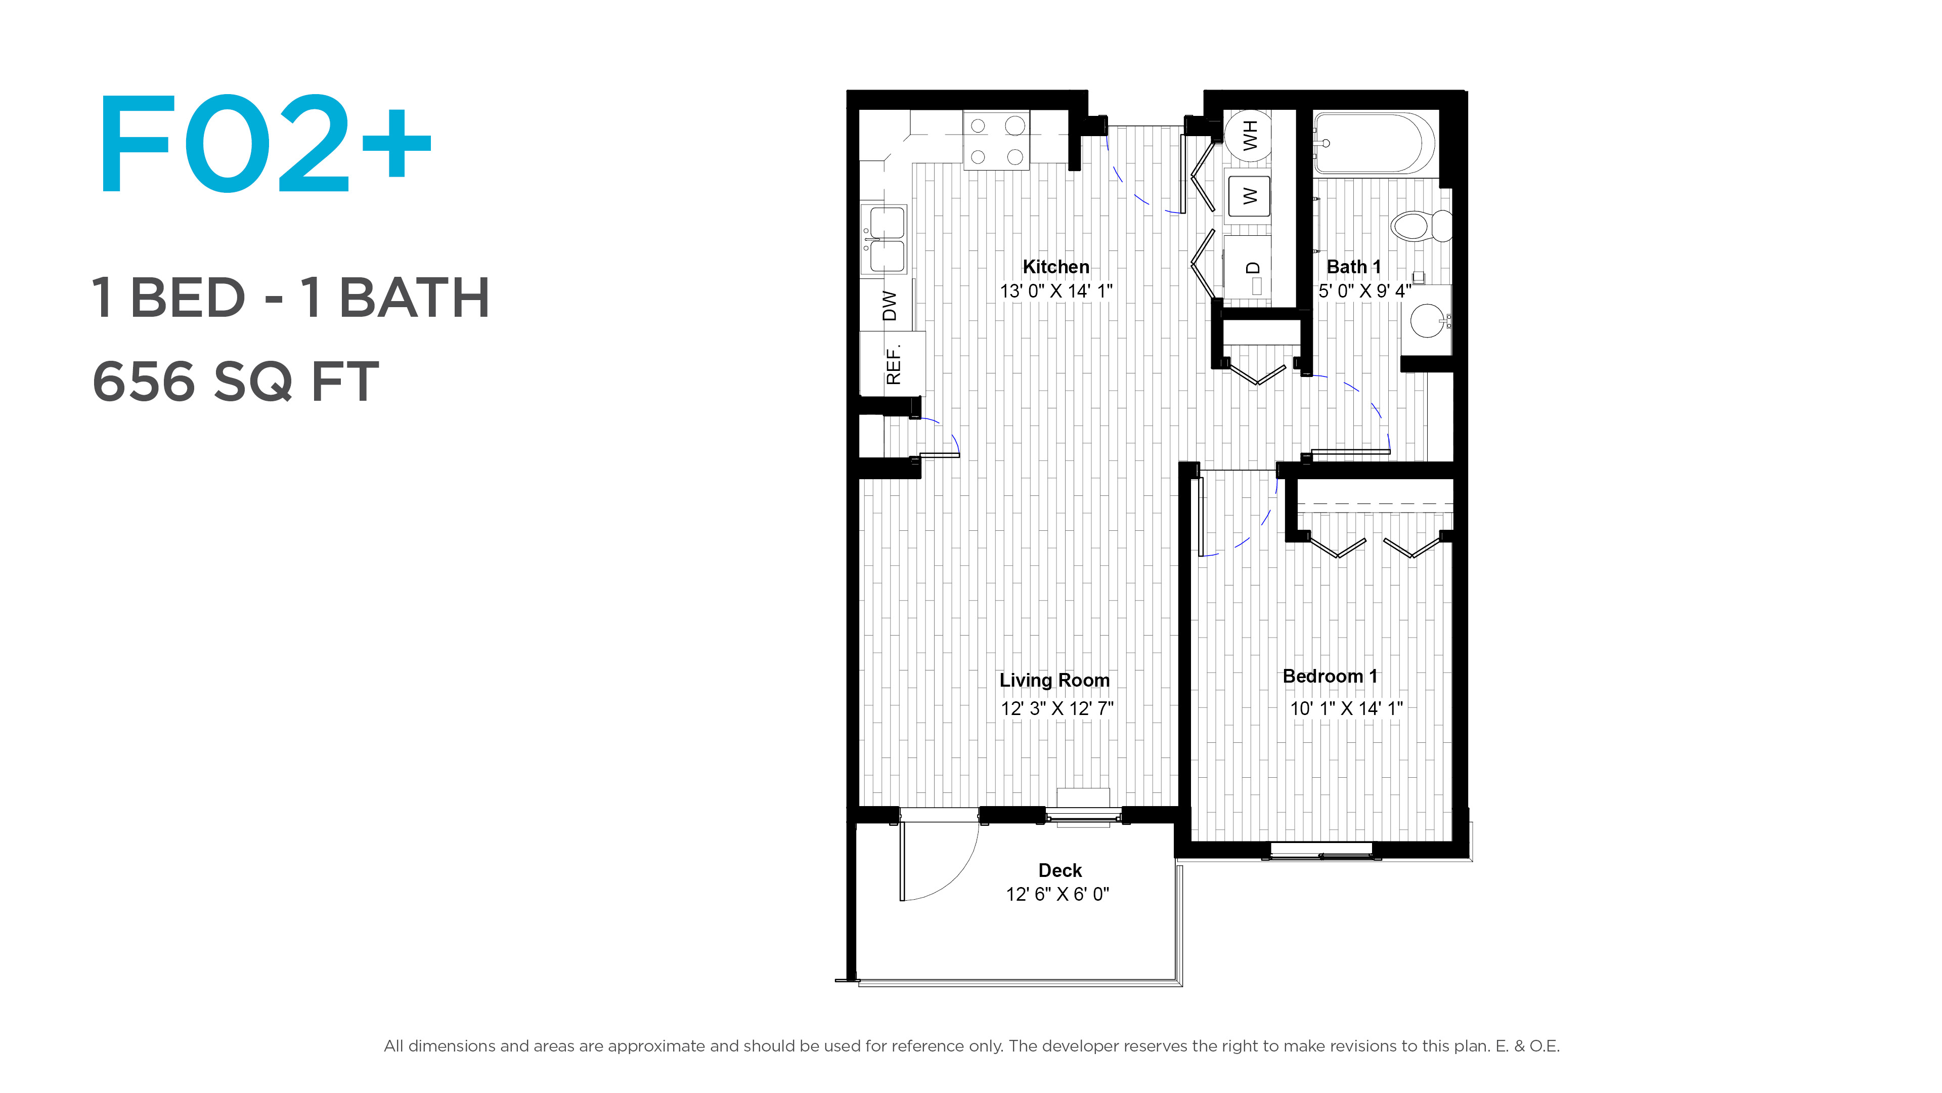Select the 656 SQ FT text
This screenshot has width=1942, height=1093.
(x=235, y=382)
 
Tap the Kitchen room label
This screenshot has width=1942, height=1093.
(x=1055, y=267)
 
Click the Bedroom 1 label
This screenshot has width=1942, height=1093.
(x=1330, y=676)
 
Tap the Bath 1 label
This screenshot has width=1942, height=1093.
(x=1353, y=267)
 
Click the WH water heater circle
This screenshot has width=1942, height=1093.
(x=1249, y=136)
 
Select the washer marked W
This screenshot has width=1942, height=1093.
(x=1249, y=196)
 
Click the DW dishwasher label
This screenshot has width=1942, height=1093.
(x=890, y=306)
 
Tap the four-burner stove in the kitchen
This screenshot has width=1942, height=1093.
(x=996, y=140)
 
